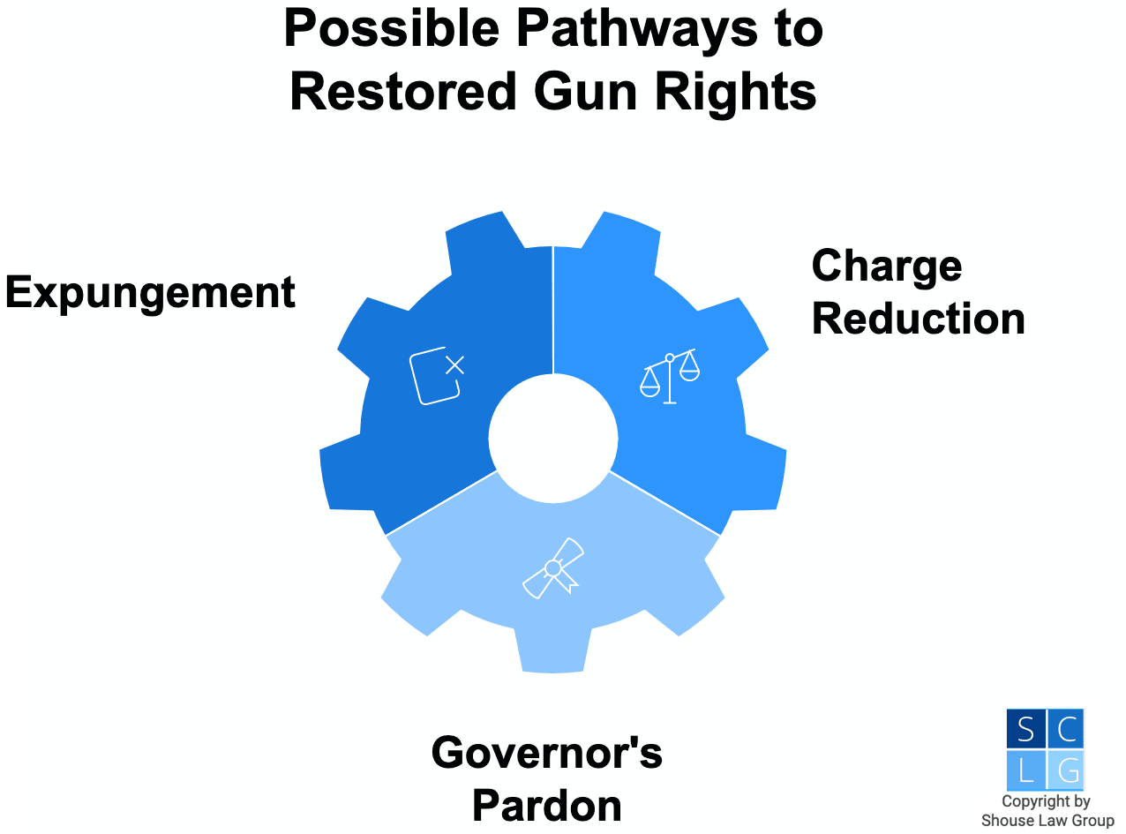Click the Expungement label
click(150, 293)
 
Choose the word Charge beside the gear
click(886, 266)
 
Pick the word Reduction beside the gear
click(918, 319)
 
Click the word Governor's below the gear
click(547, 753)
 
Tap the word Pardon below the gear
click(547, 805)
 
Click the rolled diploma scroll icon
click(553, 567)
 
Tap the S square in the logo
click(1025, 729)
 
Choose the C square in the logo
click(1066, 729)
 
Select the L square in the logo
click(1025, 770)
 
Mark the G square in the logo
click(1066, 770)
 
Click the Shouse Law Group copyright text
click(1047, 811)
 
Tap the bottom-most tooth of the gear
click(553, 649)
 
